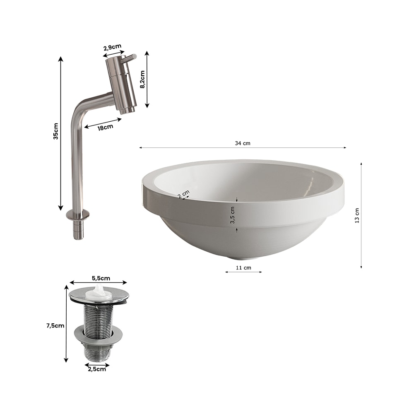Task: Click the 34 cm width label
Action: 242,143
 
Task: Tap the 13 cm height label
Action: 357,216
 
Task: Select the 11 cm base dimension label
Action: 243,268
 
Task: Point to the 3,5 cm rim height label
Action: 232,215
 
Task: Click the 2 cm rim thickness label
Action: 183,194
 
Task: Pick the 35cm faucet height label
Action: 56,131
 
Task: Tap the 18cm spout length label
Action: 105,128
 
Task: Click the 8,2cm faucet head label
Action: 142,79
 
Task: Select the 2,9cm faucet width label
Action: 112,48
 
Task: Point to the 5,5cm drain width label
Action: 101,278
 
